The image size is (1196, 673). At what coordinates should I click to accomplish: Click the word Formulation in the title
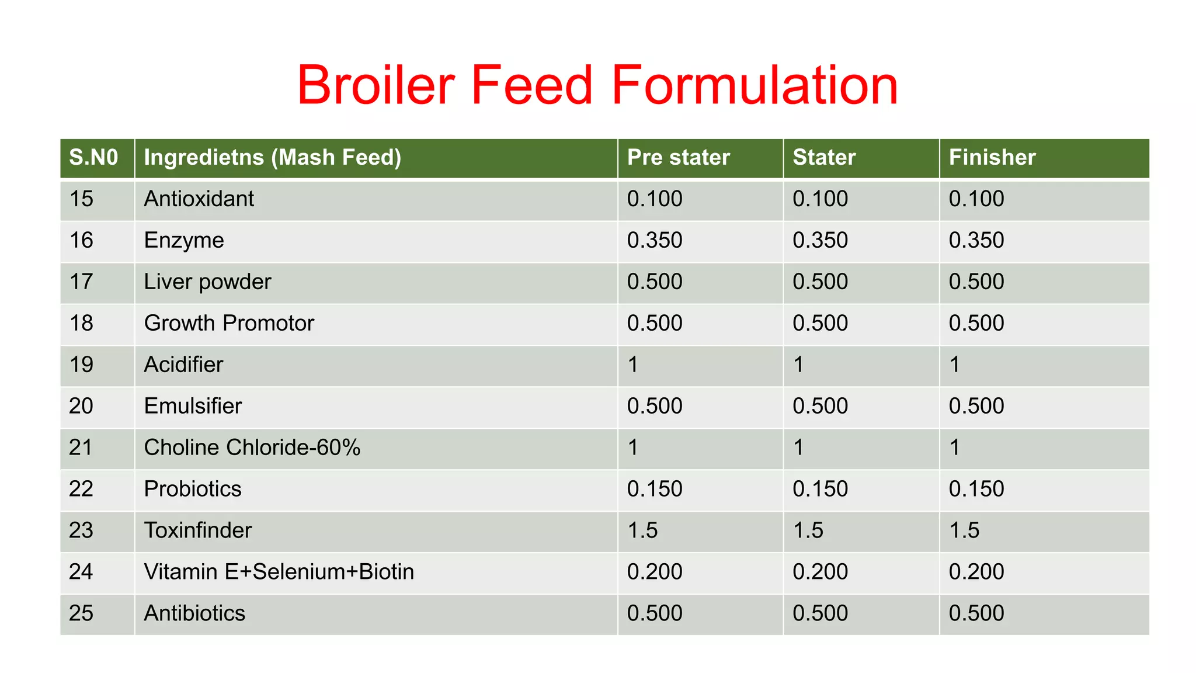point(755,85)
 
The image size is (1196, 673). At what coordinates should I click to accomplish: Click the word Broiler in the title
point(376,85)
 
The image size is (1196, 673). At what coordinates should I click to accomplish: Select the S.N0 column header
point(93,158)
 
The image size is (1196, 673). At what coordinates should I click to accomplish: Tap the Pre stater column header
point(678,158)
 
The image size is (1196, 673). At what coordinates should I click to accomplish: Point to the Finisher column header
point(992,158)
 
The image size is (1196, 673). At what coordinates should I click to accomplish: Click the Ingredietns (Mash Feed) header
point(272,158)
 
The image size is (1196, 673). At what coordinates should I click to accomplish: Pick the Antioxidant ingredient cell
point(199,199)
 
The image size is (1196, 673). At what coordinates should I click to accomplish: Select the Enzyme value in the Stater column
point(820,241)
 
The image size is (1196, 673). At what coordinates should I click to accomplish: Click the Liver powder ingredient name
point(207,282)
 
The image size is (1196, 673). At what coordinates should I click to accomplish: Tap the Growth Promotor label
point(229,324)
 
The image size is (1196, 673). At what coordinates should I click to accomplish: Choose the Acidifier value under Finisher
point(955,365)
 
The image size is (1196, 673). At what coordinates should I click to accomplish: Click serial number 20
point(81,406)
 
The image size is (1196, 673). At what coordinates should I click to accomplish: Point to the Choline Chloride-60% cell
point(252,447)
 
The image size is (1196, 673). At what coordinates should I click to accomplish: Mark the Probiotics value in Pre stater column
point(654,489)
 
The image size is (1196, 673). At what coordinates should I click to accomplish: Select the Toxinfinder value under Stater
point(808,530)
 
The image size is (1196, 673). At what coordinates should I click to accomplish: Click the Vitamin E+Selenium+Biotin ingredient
point(279,572)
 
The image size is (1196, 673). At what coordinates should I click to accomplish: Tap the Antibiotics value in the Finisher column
point(976,613)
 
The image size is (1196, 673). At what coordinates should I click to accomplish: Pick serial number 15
point(81,199)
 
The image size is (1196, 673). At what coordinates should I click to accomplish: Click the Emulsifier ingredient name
point(193,406)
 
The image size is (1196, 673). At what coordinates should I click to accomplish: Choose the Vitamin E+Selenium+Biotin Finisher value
point(976,572)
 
